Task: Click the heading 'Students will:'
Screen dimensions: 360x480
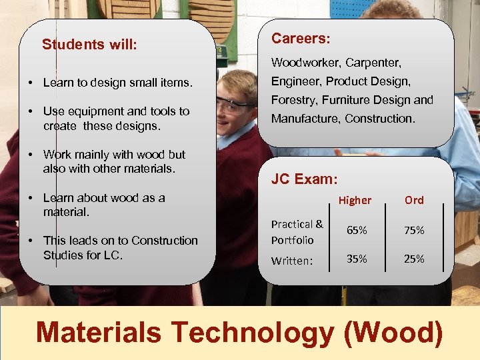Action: (89, 45)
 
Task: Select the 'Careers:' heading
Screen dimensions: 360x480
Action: (301, 39)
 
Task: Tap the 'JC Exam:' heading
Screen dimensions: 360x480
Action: (304, 179)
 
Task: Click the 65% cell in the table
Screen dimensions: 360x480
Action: (357, 230)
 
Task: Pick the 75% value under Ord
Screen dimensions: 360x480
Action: (414, 230)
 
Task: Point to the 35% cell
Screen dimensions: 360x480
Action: (357, 259)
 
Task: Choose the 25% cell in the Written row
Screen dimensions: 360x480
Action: (414, 259)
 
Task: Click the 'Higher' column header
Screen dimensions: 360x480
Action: (355, 200)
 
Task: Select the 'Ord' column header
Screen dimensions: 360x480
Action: (414, 200)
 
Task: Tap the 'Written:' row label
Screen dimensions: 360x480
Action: (291, 261)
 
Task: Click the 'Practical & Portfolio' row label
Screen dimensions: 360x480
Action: (297, 231)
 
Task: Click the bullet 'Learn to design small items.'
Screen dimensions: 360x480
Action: (117, 83)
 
